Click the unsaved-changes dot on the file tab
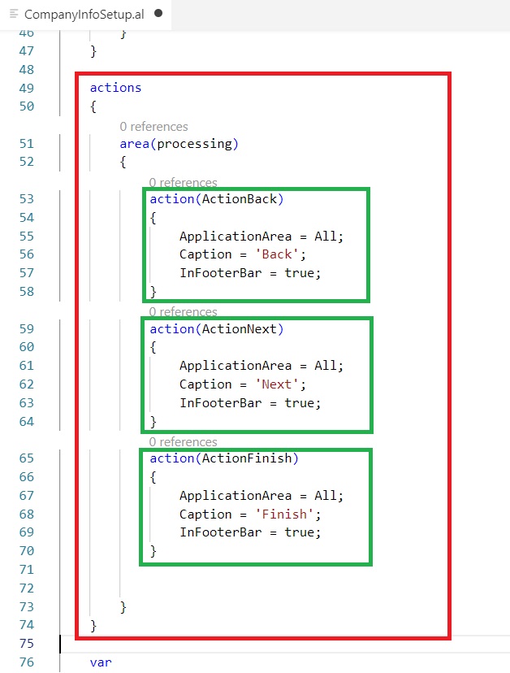(158, 14)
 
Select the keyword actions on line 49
(115, 88)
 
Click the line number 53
(26, 198)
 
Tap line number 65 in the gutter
(26, 458)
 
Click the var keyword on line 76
(101, 662)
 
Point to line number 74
(26, 625)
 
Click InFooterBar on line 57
(217, 273)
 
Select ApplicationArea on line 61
(231, 366)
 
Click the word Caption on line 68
(205, 515)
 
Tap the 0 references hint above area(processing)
(153, 127)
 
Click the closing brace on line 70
(153, 551)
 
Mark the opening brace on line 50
(93, 106)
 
